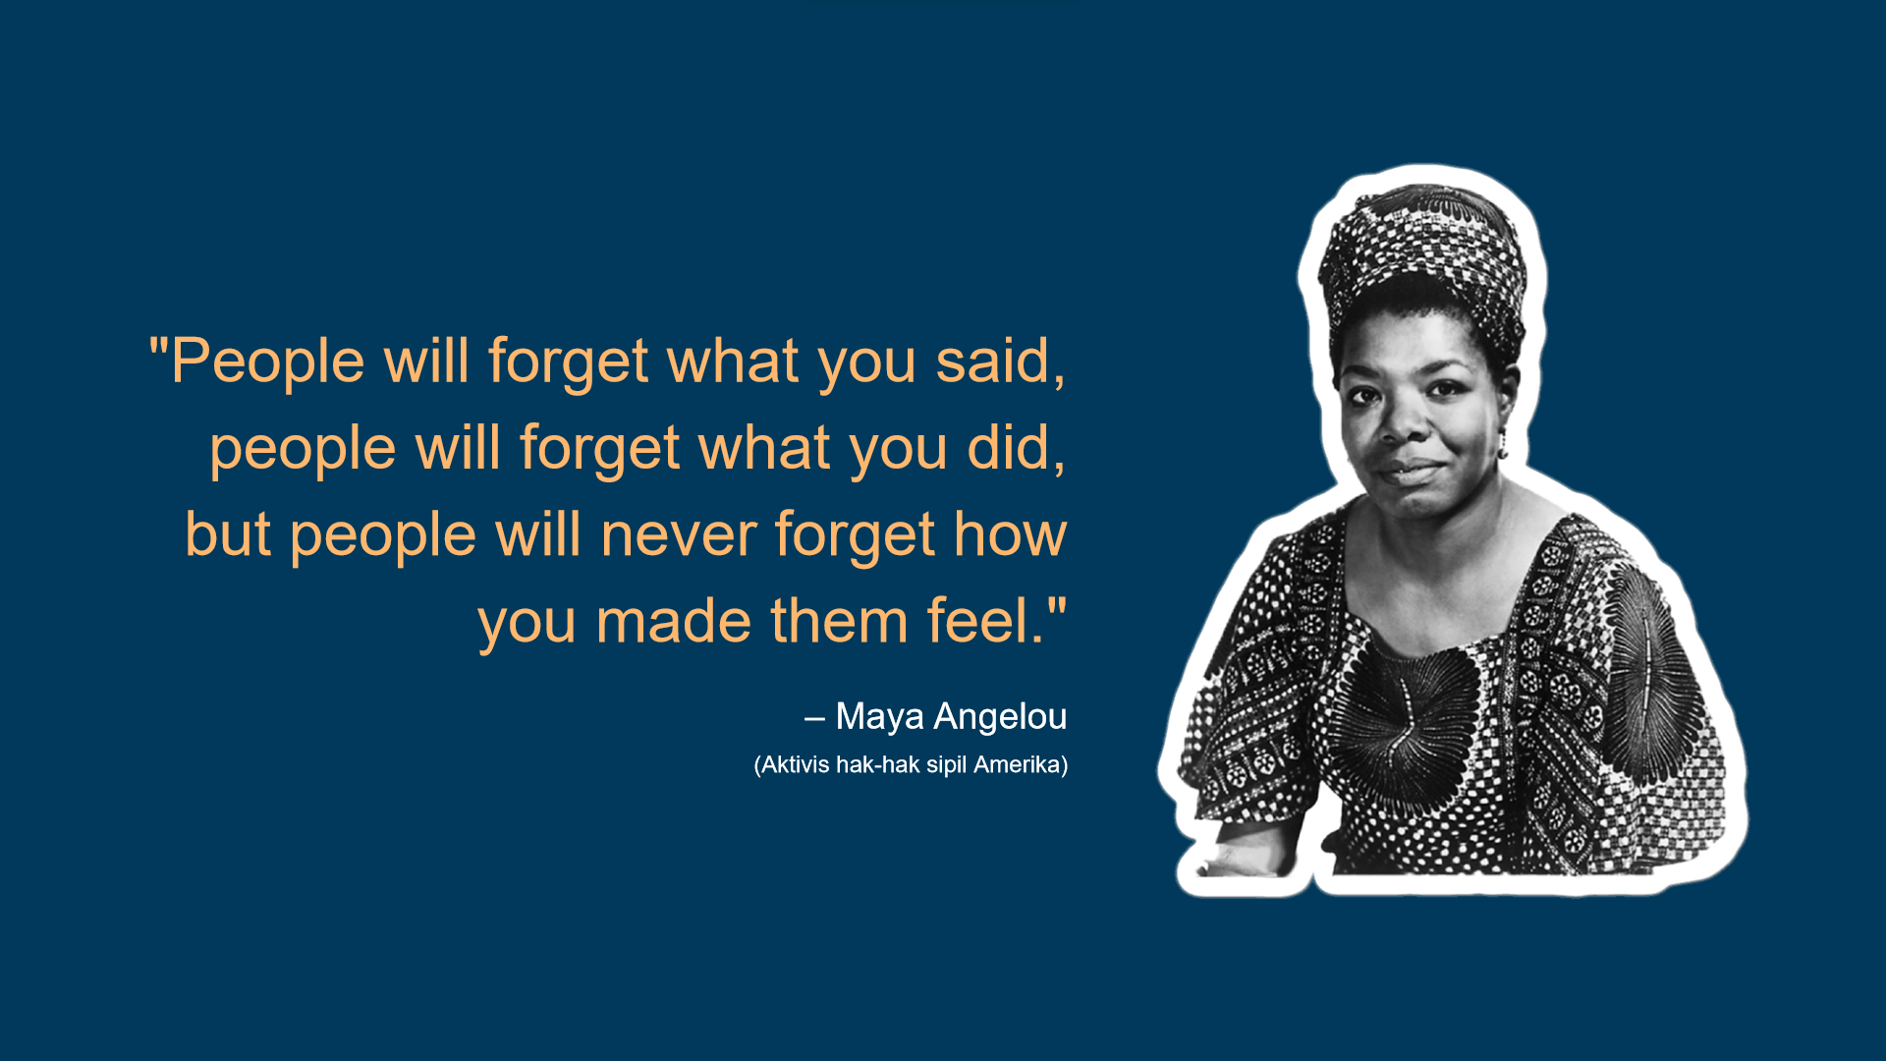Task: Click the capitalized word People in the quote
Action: [x=268, y=362]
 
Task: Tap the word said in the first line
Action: [x=993, y=361]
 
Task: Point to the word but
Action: [x=228, y=534]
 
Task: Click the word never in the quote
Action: [x=679, y=536]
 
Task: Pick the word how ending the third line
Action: [x=1011, y=534]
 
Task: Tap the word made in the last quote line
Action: [x=674, y=621]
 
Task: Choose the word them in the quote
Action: [x=839, y=621]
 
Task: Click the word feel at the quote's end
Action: [x=978, y=621]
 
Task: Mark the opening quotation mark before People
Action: [x=158, y=346]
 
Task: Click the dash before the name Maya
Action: [x=813, y=719]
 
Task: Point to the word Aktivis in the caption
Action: [x=796, y=764]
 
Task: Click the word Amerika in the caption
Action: [x=1017, y=764]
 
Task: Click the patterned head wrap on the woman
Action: [x=1424, y=255]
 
